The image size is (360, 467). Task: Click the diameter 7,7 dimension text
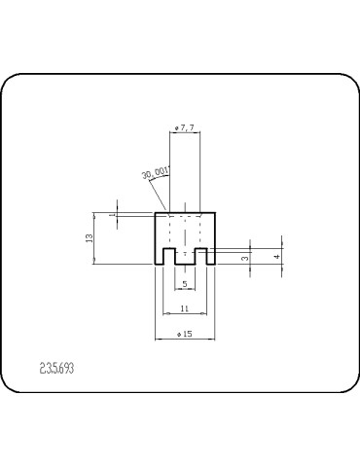[184, 127]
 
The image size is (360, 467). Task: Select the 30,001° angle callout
[156, 173]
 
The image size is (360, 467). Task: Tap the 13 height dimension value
[89, 237]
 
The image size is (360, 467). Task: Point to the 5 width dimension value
[185, 284]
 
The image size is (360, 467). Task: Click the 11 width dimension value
[185, 308]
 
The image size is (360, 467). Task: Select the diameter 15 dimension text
[184, 334]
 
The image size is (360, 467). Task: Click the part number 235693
[56, 370]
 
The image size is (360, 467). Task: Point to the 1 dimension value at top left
[113, 215]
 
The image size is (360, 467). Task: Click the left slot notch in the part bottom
[168, 257]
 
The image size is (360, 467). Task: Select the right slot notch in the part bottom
[201, 257]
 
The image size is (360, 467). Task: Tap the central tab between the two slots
[185, 257]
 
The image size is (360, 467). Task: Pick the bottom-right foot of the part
[211, 262]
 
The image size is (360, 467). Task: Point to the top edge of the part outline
[185, 213]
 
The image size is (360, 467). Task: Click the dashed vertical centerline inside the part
[185, 233]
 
